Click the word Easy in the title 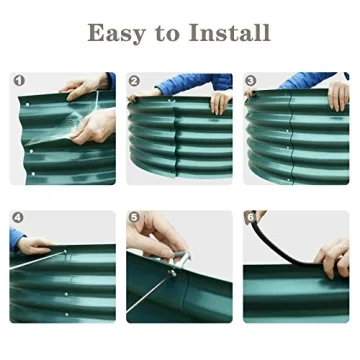116,32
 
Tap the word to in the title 169,33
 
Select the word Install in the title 229,32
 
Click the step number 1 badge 18,80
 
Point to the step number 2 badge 135,80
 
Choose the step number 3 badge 251,80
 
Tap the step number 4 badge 18,217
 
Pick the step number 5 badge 135,217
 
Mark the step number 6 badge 251,217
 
